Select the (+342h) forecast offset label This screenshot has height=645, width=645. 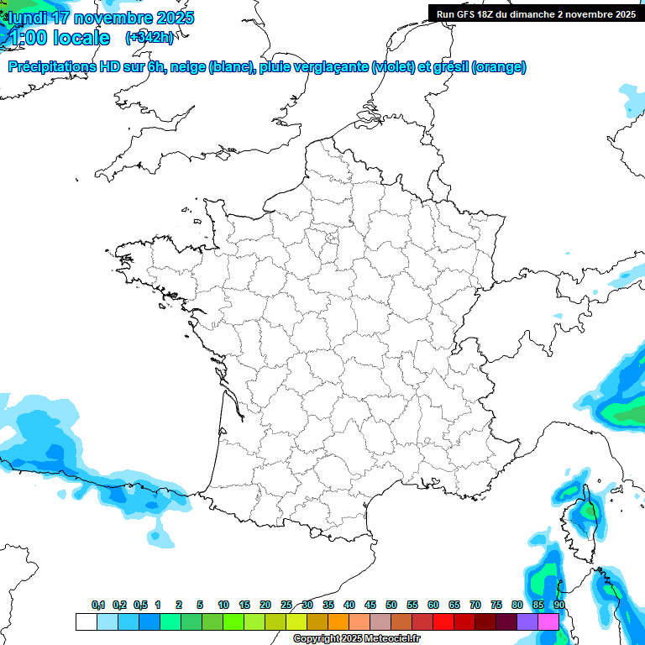tap(149, 38)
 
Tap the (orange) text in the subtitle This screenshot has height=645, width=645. tap(499, 68)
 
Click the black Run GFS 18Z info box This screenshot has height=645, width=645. tap(536, 13)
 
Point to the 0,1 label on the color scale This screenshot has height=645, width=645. tap(98, 606)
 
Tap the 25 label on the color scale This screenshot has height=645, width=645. tap(286, 606)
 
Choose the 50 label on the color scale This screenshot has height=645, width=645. tap(391, 606)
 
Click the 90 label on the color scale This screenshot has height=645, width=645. tap(558, 606)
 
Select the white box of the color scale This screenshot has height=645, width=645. tap(86, 621)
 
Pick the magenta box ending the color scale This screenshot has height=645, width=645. tap(548, 621)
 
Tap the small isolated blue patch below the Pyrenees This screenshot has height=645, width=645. tap(156, 535)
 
